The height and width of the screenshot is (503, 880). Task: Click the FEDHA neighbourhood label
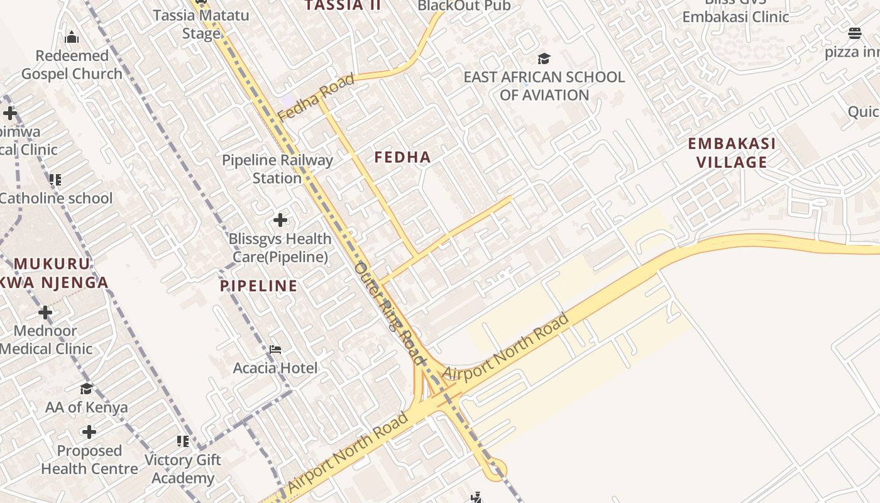click(x=402, y=157)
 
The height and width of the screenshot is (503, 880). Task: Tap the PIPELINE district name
click(x=258, y=286)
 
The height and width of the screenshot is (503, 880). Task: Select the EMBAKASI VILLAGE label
click(x=732, y=153)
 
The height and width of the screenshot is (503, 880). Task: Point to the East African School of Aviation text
click(x=544, y=86)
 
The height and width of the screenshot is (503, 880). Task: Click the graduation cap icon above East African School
click(x=544, y=58)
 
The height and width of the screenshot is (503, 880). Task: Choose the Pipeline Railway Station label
click(x=277, y=169)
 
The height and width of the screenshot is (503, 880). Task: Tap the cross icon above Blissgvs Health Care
click(x=280, y=220)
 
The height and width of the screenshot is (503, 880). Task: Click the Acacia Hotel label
click(x=275, y=368)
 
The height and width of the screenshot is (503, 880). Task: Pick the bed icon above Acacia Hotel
click(x=275, y=350)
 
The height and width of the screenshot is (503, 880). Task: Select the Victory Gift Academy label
click(x=183, y=469)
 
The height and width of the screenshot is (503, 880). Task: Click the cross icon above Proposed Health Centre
click(x=89, y=432)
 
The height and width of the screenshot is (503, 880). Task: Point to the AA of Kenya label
click(x=86, y=407)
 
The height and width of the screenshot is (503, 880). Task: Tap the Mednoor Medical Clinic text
click(x=46, y=340)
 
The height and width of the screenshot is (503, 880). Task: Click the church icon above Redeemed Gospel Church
click(x=72, y=37)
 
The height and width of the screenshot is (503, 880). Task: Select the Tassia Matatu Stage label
click(x=201, y=24)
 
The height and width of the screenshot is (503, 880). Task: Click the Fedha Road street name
click(x=316, y=97)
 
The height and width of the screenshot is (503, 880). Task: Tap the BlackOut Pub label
click(x=464, y=6)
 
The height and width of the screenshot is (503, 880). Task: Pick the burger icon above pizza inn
click(x=854, y=33)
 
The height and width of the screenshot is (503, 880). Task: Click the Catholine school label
click(x=56, y=198)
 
